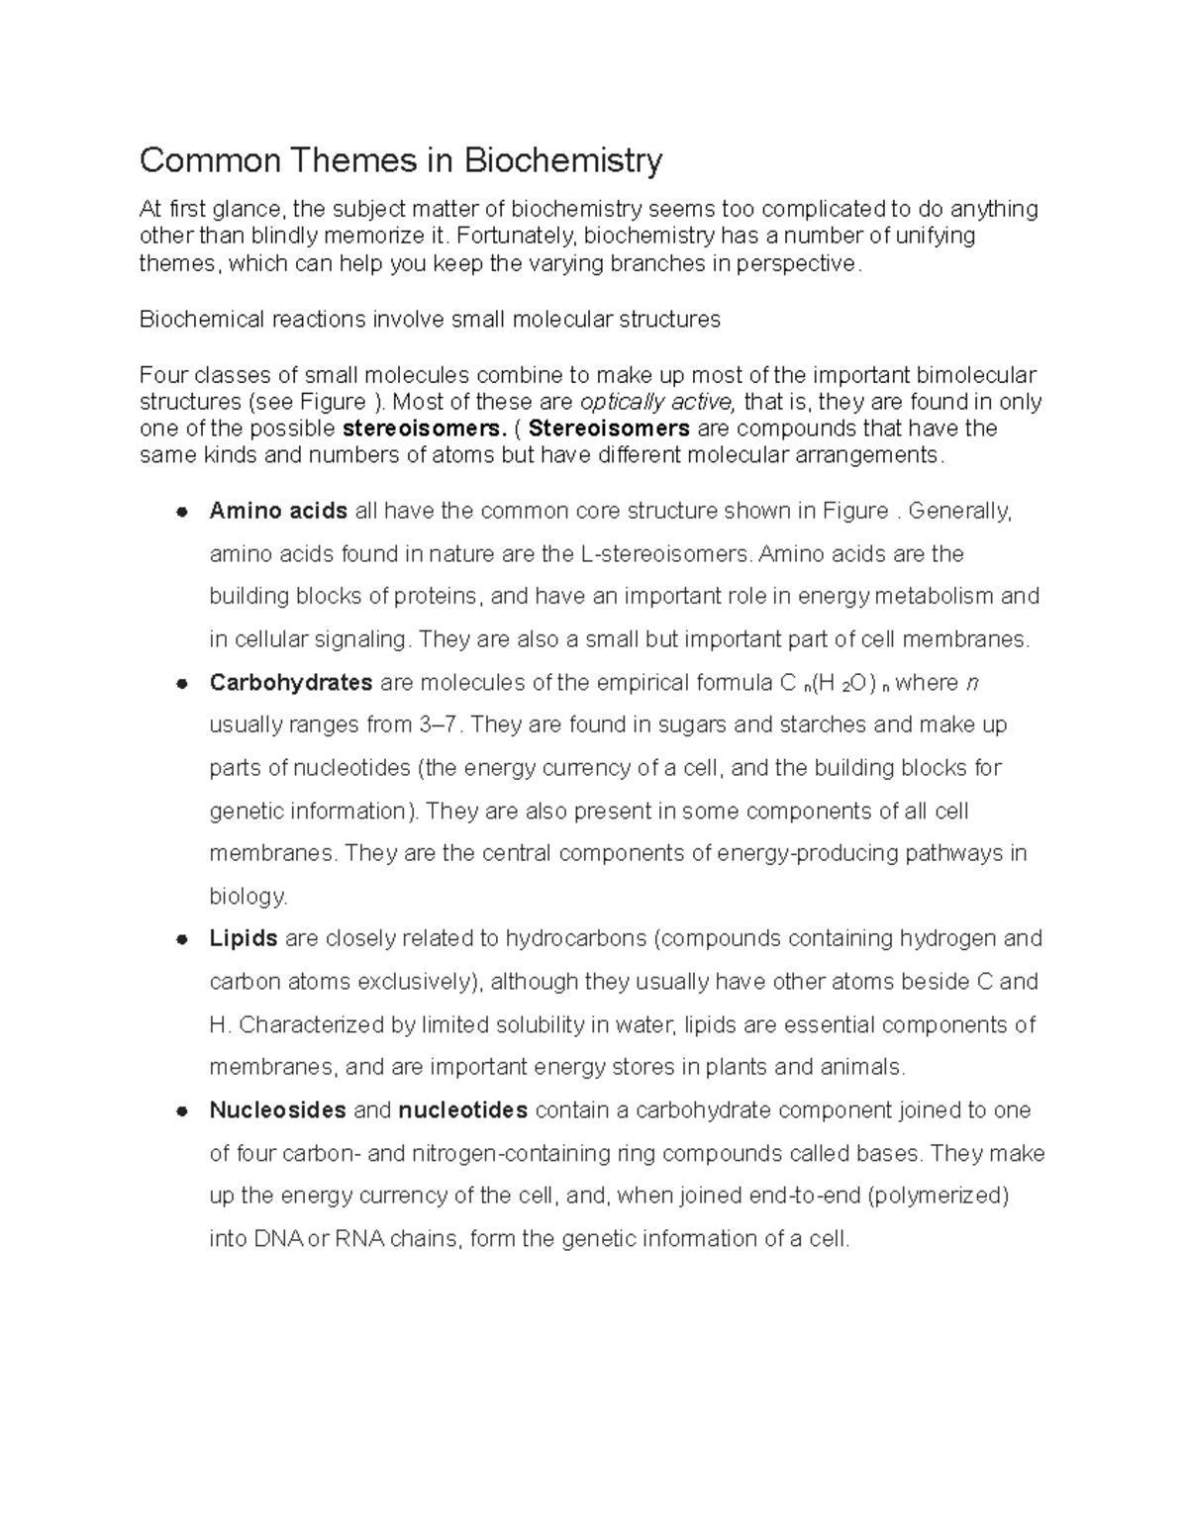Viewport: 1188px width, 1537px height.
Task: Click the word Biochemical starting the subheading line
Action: tap(202, 319)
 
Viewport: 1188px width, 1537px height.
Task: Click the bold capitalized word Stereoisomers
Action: tap(611, 429)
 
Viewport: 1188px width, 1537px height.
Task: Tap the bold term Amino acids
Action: tap(278, 511)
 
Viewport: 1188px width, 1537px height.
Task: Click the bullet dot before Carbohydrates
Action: tap(181, 684)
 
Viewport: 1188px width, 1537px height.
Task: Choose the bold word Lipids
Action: tap(244, 938)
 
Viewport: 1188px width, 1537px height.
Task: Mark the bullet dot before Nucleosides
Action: tap(181, 1111)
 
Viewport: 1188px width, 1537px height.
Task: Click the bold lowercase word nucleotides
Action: tap(462, 1110)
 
